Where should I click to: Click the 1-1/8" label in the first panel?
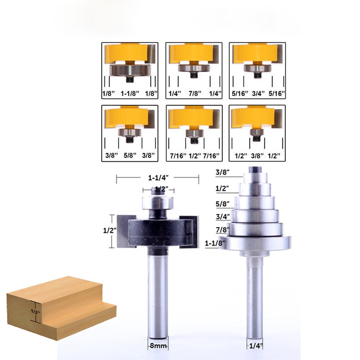tap(130, 92)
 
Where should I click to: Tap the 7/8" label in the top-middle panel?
tap(193, 92)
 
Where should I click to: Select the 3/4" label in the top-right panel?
tap(257, 92)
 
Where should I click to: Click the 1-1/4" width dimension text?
tap(156, 179)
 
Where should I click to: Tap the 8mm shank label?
tap(157, 346)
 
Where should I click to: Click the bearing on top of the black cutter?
tap(157, 202)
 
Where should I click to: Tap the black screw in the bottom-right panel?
tap(256, 138)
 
